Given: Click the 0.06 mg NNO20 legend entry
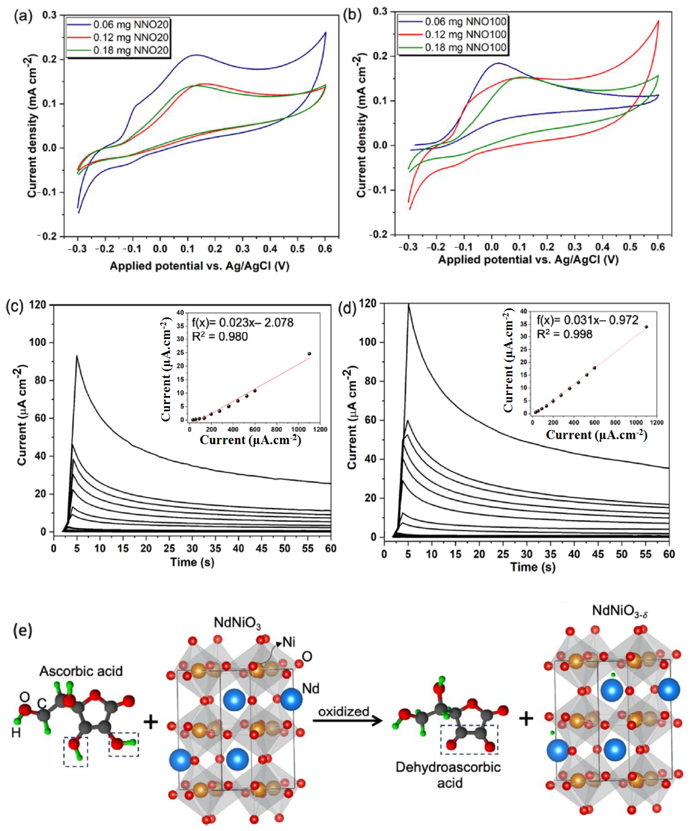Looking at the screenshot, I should [131, 25].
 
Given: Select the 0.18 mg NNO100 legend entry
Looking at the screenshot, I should [465, 48].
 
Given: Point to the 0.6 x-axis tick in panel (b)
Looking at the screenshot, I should [658, 247].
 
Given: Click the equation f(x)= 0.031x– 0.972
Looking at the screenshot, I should [587, 320].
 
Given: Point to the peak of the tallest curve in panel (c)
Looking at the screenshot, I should [77, 356].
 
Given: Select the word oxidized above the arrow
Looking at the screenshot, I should [344, 712].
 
